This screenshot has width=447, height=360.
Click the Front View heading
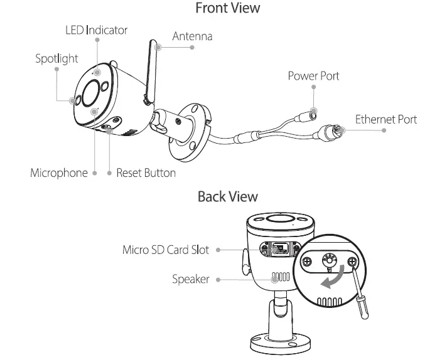point(227,8)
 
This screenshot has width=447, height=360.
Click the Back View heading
point(227,196)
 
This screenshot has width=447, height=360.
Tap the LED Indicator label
point(97,29)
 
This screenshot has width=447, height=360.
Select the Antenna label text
point(192,36)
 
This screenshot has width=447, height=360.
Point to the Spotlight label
point(57,58)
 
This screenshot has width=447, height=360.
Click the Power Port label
point(313,76)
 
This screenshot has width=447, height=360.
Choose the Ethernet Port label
point(385,119)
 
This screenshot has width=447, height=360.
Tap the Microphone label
point(59,172)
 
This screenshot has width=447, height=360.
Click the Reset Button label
point(146,172)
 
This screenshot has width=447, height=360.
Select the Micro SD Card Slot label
point(166,250)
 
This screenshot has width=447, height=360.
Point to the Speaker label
point(190,279)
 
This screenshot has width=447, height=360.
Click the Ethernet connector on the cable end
point(330,132)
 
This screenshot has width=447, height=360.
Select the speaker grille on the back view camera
point(280,276)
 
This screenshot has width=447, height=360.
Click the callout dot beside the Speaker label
point(217,279)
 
